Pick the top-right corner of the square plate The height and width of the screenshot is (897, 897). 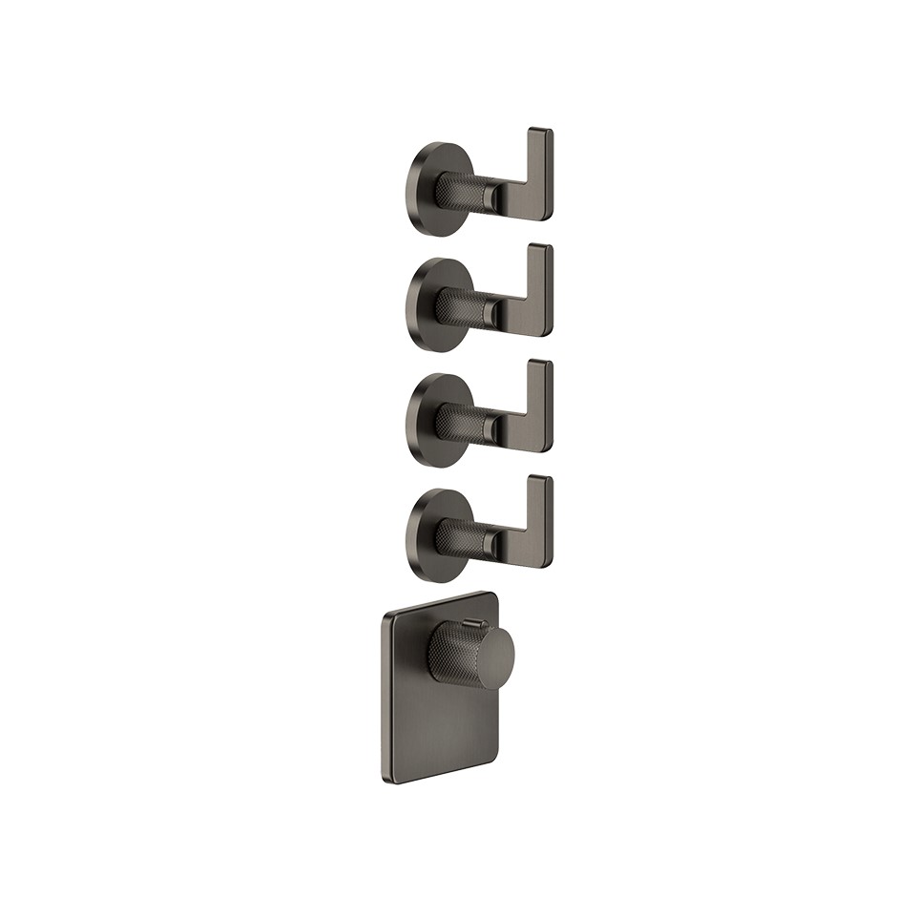tap(495, 596)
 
